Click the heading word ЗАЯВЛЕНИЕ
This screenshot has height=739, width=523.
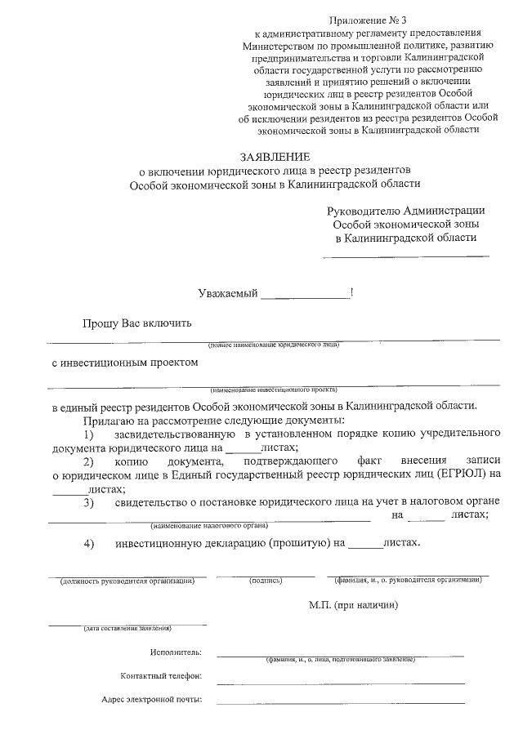274,156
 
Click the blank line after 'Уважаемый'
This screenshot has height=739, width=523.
304,296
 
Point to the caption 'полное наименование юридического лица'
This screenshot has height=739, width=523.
274,345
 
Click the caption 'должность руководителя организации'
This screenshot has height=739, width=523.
127,581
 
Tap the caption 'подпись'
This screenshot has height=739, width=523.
266,581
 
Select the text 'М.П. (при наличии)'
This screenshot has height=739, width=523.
353,605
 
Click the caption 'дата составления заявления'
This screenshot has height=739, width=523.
127,629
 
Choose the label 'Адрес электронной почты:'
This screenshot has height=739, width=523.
152,700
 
